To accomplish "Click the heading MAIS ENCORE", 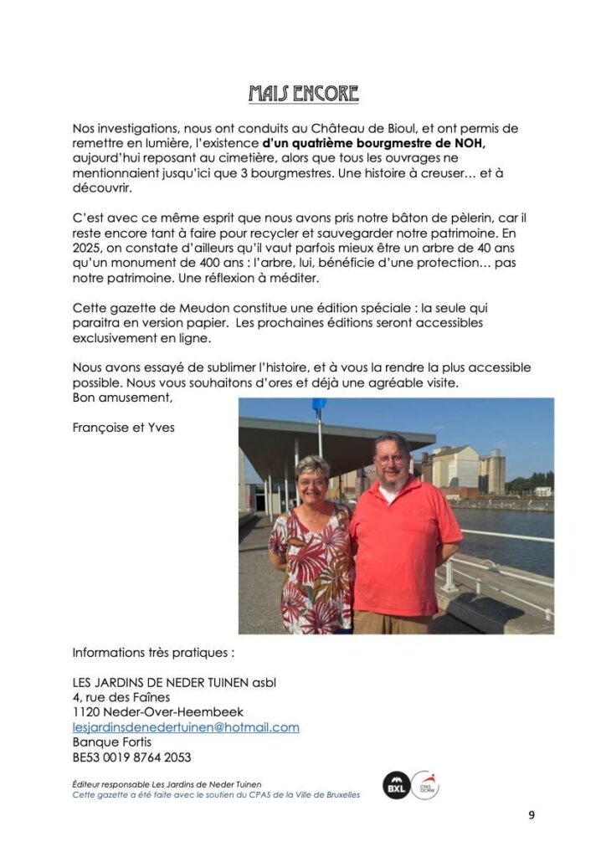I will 303,93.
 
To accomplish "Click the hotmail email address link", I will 186,727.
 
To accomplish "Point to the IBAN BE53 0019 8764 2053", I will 131,757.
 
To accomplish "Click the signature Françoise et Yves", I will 123,427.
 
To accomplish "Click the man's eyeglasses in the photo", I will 390,459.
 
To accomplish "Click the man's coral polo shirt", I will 402,544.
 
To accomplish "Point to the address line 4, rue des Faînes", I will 121,697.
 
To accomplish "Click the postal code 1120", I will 86,712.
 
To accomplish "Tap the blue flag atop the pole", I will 318,406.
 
